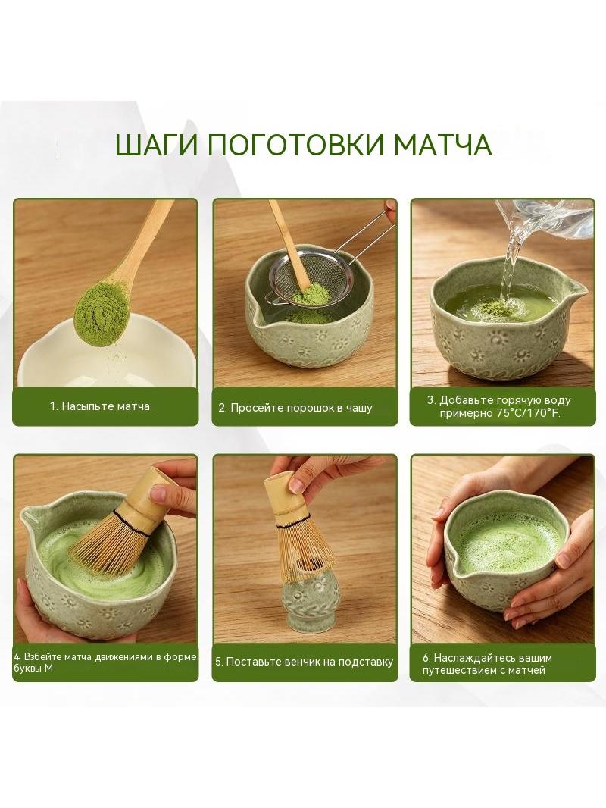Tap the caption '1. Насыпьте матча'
[x=100, y=406]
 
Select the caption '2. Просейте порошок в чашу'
[x=295, y=408]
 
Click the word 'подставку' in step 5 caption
[x=364, y=662]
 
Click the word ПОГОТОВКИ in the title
[x=297, y=146]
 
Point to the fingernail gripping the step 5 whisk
[x=297, y=484]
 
